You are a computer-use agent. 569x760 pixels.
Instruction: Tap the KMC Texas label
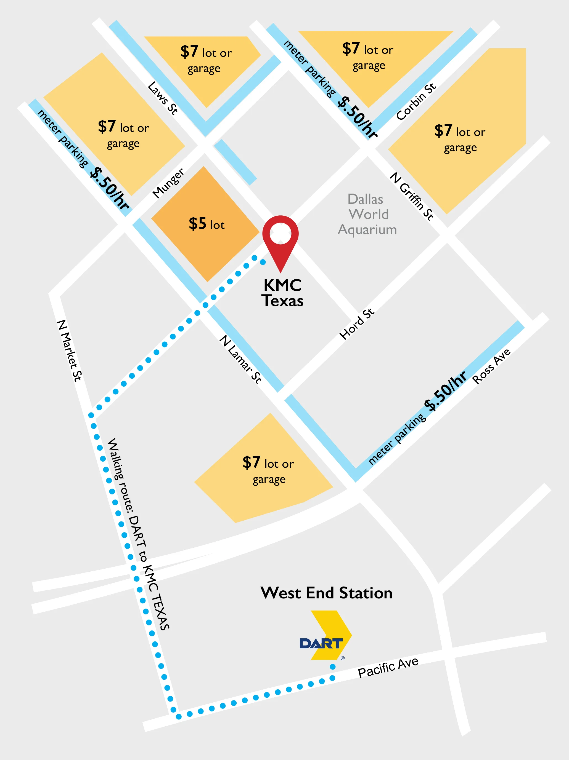tap(282, 293)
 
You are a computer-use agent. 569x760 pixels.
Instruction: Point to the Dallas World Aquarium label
tap(367, 214)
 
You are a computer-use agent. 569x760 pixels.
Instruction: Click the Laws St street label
tap(162, 98)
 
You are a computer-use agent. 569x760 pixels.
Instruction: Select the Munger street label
tap(168, 183)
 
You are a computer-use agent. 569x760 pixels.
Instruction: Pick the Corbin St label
tap(416, 102)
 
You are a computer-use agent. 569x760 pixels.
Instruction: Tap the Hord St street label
tap(357, 324)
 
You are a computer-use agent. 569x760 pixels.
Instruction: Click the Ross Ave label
tap(491, 366)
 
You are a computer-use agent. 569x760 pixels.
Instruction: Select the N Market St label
tap(69, 350)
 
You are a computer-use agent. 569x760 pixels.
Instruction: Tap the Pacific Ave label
tap(388, 667)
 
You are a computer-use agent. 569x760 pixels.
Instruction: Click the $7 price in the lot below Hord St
tap(252, 462)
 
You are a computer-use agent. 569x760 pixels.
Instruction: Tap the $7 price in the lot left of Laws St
tap(107, 127)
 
